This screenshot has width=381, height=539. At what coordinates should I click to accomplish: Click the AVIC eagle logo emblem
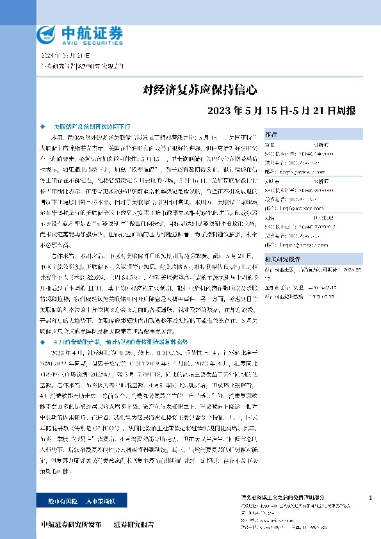tap(47, 34)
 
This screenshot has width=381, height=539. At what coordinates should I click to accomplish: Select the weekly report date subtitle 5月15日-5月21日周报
tap(282, 109)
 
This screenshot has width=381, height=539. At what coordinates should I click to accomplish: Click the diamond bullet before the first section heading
tap(43, 127)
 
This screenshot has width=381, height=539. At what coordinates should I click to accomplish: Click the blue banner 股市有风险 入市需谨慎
tap(72, 501)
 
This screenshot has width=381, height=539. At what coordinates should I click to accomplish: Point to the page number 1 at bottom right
tap(371, 498)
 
